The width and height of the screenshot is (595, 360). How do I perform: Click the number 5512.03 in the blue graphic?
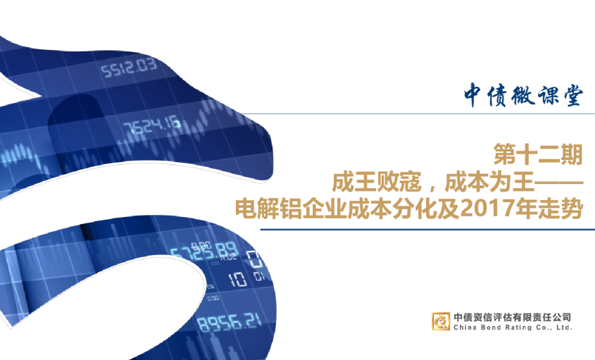pyautogui.click(x=128, y=68)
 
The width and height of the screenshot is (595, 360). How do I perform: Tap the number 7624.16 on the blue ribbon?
pyautogui.click(x=152, y=125)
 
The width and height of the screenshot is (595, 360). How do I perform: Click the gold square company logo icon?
pyautogui.click(x=441, y=321)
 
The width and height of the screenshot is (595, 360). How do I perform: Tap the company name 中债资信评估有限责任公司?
pyautogui.click(x=512, y=317)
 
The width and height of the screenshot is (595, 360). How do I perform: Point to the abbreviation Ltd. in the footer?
pyautogui.click(x=563, y=328)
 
